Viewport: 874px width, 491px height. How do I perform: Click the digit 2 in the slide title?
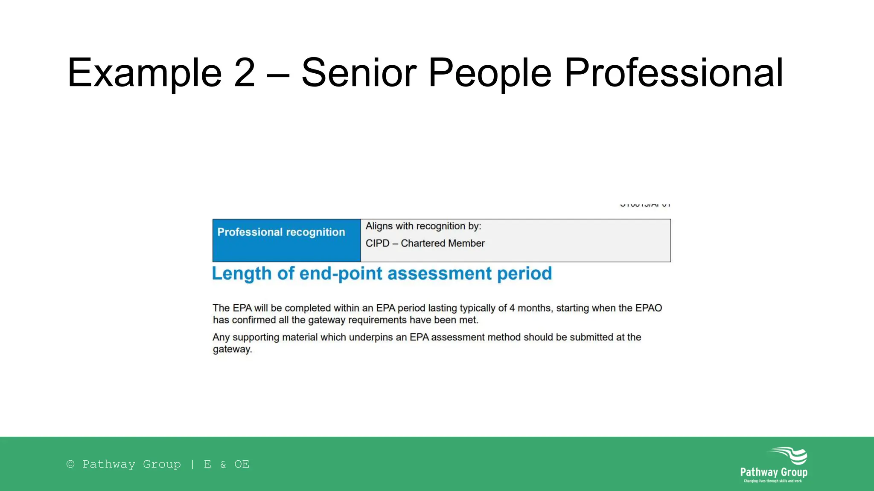tap(245, 73)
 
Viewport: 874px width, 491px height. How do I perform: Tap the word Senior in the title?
tap(358, 73)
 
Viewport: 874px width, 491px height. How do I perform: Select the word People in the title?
tap(489, 73)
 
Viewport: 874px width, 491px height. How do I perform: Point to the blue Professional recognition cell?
tap(286, 240)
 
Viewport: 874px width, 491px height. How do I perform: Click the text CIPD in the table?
tap(377, 243)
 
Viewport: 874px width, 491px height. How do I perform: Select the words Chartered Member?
tap(443, 243)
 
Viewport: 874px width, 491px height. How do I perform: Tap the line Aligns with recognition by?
tap(423, 226)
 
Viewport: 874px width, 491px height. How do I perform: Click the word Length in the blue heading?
tap(242, 274)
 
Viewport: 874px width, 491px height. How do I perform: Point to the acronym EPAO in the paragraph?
tap(649, 308)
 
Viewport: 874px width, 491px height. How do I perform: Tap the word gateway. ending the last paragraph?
tap(233, 349)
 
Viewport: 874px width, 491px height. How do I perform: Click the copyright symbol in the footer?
tap(71, 464)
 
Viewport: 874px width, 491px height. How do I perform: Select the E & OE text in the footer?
tap(227, 464)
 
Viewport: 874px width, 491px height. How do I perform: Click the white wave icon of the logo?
tap(789, 455)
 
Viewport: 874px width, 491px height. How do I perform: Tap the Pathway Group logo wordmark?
tap(774, 472)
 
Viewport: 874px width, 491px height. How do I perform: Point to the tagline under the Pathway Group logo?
tap(773, 481)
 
